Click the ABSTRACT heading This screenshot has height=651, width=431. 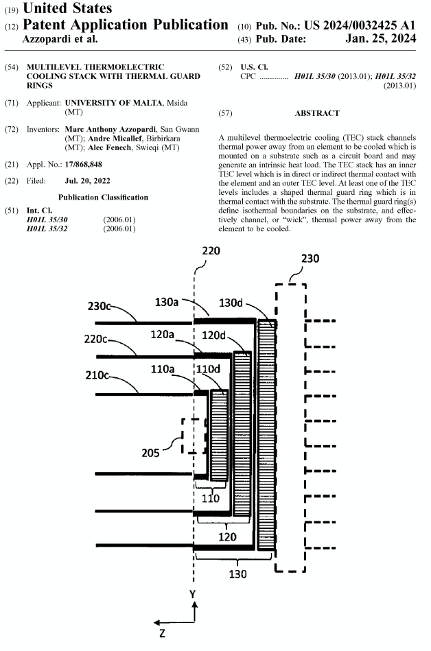[316, 113]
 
